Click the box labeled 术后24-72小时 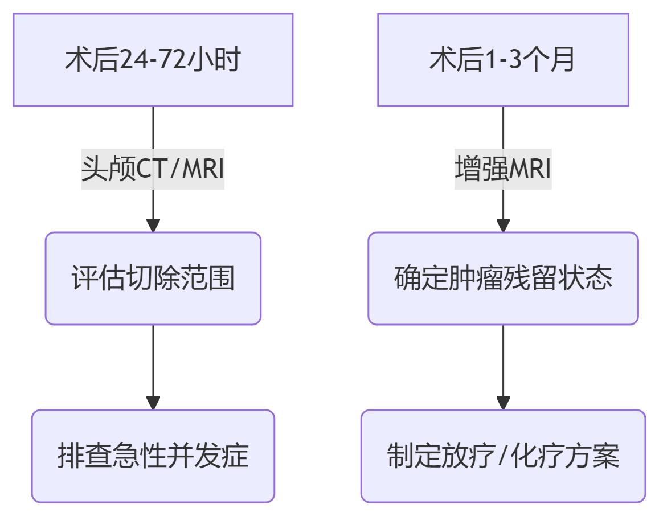pyautogui.click(x=153, y=60)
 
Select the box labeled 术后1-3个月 pyautogui.click(x=503, y=60)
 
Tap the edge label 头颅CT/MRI pyautogui.click(x=153, y=169)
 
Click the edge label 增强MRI pyautogui.click(x=503, y=169)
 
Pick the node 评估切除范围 pyautogui.click(x=153, y=279)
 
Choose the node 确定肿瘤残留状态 pyautogui.click(x=503, y=279)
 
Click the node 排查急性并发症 pyautogui.click(x=153, y=456)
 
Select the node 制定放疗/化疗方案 pyautogui.click(x=503, y=456)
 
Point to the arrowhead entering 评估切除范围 pyautogui.click(x=153, y=226)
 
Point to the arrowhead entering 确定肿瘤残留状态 pyautogui.click(x=503, y=226)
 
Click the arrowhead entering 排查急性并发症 pyautogui.click(x=153, y=403)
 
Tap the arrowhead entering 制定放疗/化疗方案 pyautogui.click(x=503, y=403)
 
